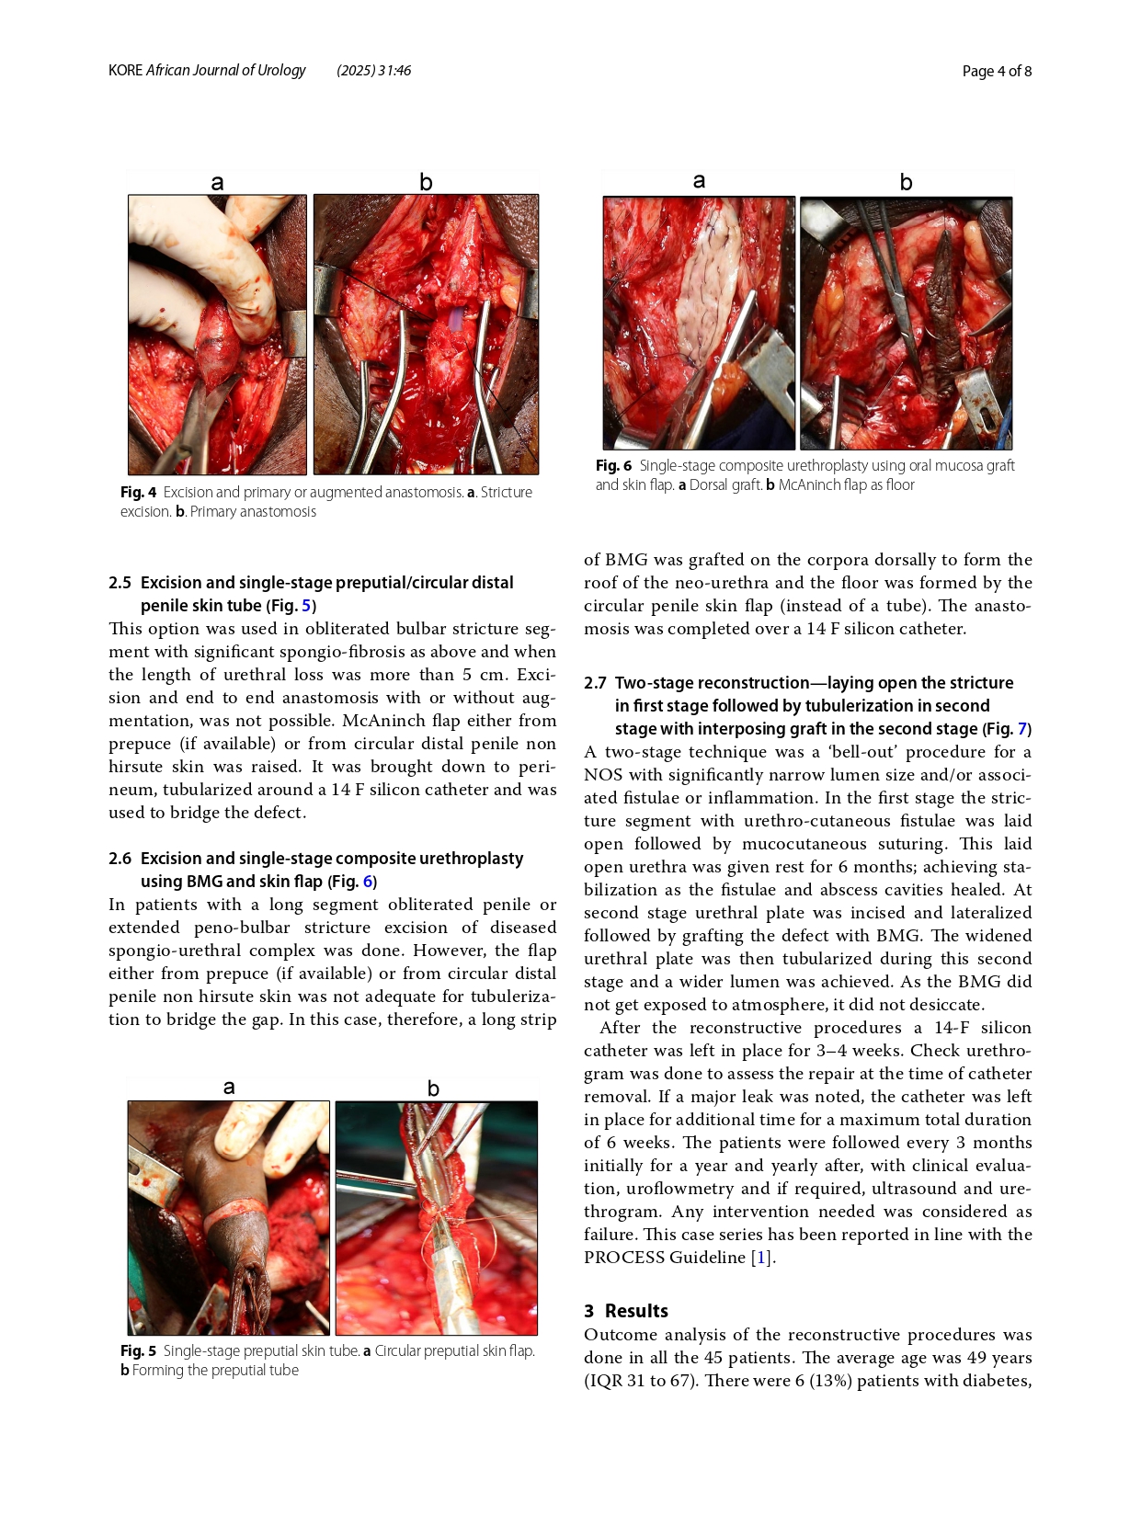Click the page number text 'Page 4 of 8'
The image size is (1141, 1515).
point(997,72)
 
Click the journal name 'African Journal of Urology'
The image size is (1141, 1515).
point(225,71)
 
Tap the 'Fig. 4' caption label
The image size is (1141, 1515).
point(138,493)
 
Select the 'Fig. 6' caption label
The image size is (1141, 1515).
point(613,466)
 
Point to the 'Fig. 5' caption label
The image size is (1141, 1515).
point(138,1351)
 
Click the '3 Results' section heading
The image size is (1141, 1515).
point(626,1311)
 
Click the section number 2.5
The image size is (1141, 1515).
point(120,583)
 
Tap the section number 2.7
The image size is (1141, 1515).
point(595,683)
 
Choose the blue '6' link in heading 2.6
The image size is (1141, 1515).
point(368,882)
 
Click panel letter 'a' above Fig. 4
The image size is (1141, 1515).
point(217,183)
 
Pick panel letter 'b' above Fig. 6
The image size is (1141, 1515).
point(906,183)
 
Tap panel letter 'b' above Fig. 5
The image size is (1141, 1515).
point(433,1089)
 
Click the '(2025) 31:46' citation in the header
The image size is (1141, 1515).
point(373,71)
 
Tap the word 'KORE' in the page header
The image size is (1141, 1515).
point(125,71)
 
